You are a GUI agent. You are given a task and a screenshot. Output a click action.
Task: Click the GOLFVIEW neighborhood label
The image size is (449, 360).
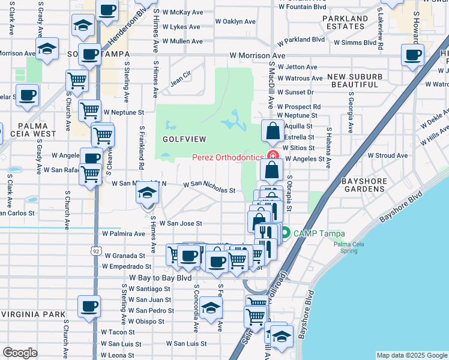(184, 139)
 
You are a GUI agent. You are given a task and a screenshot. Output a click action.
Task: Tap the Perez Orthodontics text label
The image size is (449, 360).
(228, 157)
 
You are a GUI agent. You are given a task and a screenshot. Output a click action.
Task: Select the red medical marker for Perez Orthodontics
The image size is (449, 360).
(273, 157)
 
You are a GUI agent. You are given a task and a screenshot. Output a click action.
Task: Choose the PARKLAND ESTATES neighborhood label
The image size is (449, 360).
(345, 23)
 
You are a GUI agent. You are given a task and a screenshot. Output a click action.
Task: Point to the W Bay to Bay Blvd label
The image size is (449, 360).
(160, 278)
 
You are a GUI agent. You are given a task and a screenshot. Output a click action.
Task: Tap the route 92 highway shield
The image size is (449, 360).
(96, 251)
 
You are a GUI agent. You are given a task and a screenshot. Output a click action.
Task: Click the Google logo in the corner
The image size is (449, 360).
(20, 352)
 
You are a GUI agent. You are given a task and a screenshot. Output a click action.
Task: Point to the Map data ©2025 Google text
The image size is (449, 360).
(411, 355)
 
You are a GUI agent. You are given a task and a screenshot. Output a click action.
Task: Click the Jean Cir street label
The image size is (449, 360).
(181, 78)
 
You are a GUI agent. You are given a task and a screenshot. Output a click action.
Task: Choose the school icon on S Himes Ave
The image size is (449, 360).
(146, 194)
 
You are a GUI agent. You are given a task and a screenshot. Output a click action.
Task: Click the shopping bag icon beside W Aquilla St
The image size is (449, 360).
(273, 131)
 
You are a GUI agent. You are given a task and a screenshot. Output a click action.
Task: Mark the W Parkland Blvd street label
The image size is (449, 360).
(301, 40)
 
